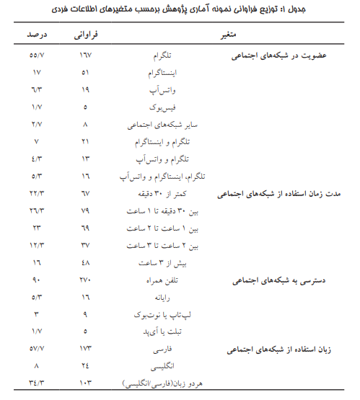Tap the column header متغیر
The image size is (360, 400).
pyautogui.click(x=223, y=35)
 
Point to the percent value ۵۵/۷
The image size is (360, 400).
pyautogui.click(x=36, y=55)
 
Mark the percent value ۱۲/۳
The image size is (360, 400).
pyautogui.click(x=36, y=245)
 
